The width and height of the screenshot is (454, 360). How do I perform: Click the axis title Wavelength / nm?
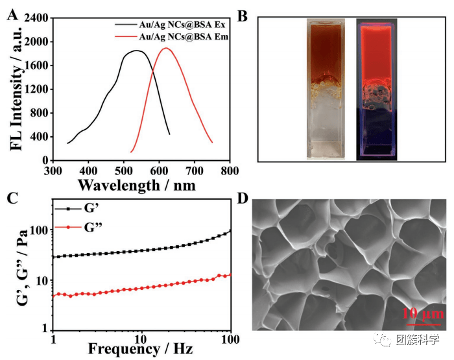[136, 184]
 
